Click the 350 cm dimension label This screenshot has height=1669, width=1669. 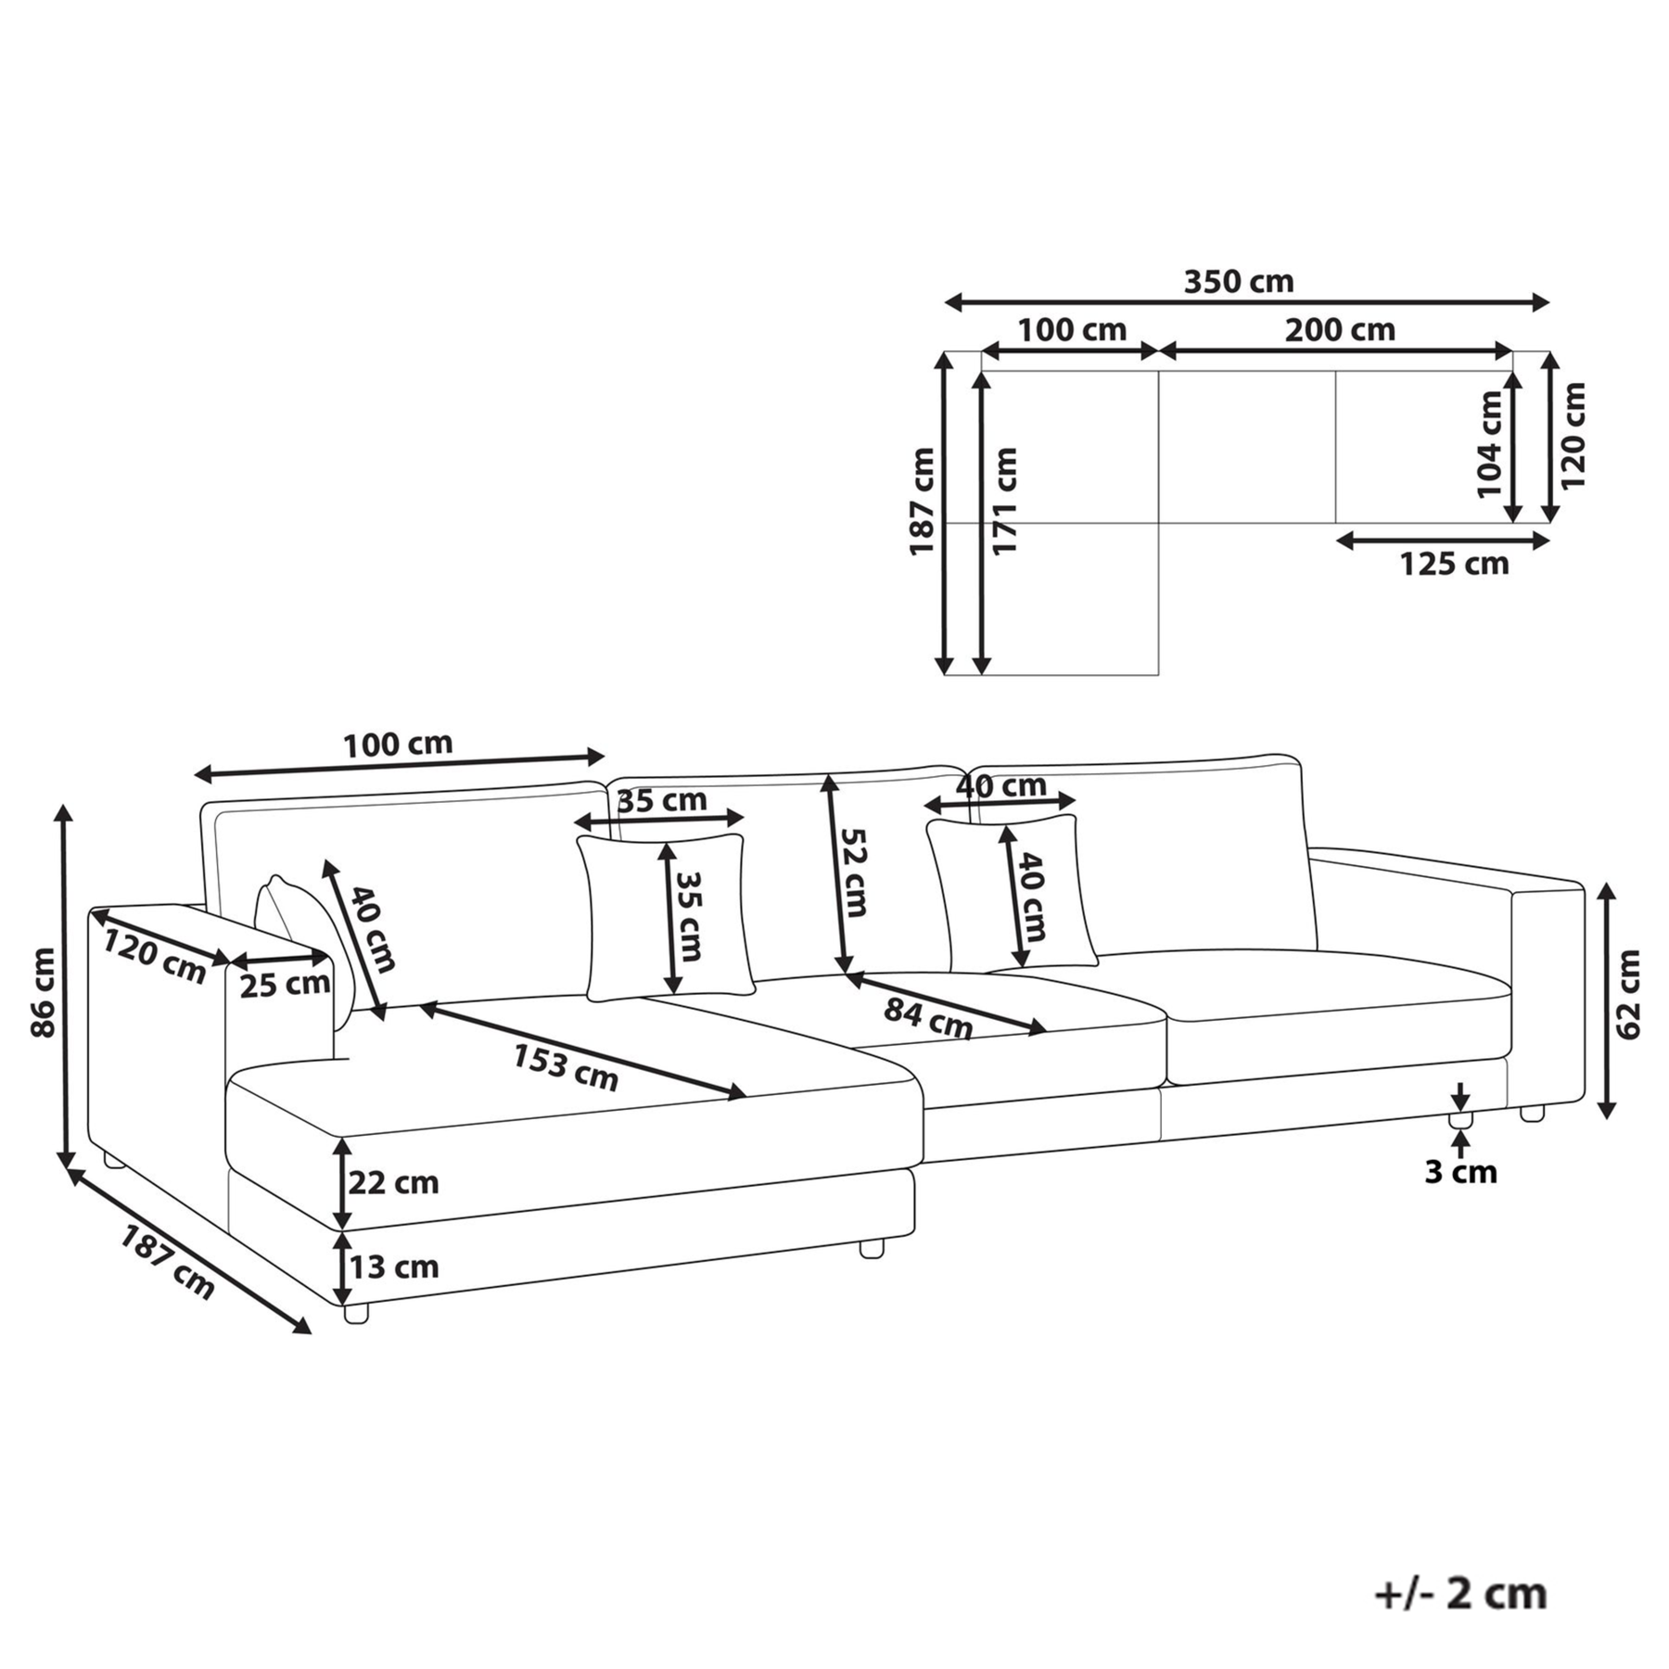(1238, 281)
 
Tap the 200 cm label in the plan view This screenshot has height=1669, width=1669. (1339, 330)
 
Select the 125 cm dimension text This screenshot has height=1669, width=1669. (1454, 563)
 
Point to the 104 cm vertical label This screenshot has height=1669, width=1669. (1489, 444)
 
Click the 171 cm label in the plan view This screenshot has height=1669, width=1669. (1004, 501)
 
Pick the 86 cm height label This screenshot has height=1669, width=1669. (43, 992)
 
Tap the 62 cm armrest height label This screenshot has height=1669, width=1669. (1628, 993)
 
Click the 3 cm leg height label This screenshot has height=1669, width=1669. (1461, 1172)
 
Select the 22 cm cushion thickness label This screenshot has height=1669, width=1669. (393, 1183)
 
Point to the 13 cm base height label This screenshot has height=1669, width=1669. (393, 1267)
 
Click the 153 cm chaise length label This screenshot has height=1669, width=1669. (566, 1067)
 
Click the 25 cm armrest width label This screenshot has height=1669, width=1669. (285, 985)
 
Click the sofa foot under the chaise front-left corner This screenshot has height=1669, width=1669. (355, 1313)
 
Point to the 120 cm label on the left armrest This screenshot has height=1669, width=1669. (154, 957)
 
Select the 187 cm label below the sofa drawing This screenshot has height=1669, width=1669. (167, 1262)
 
